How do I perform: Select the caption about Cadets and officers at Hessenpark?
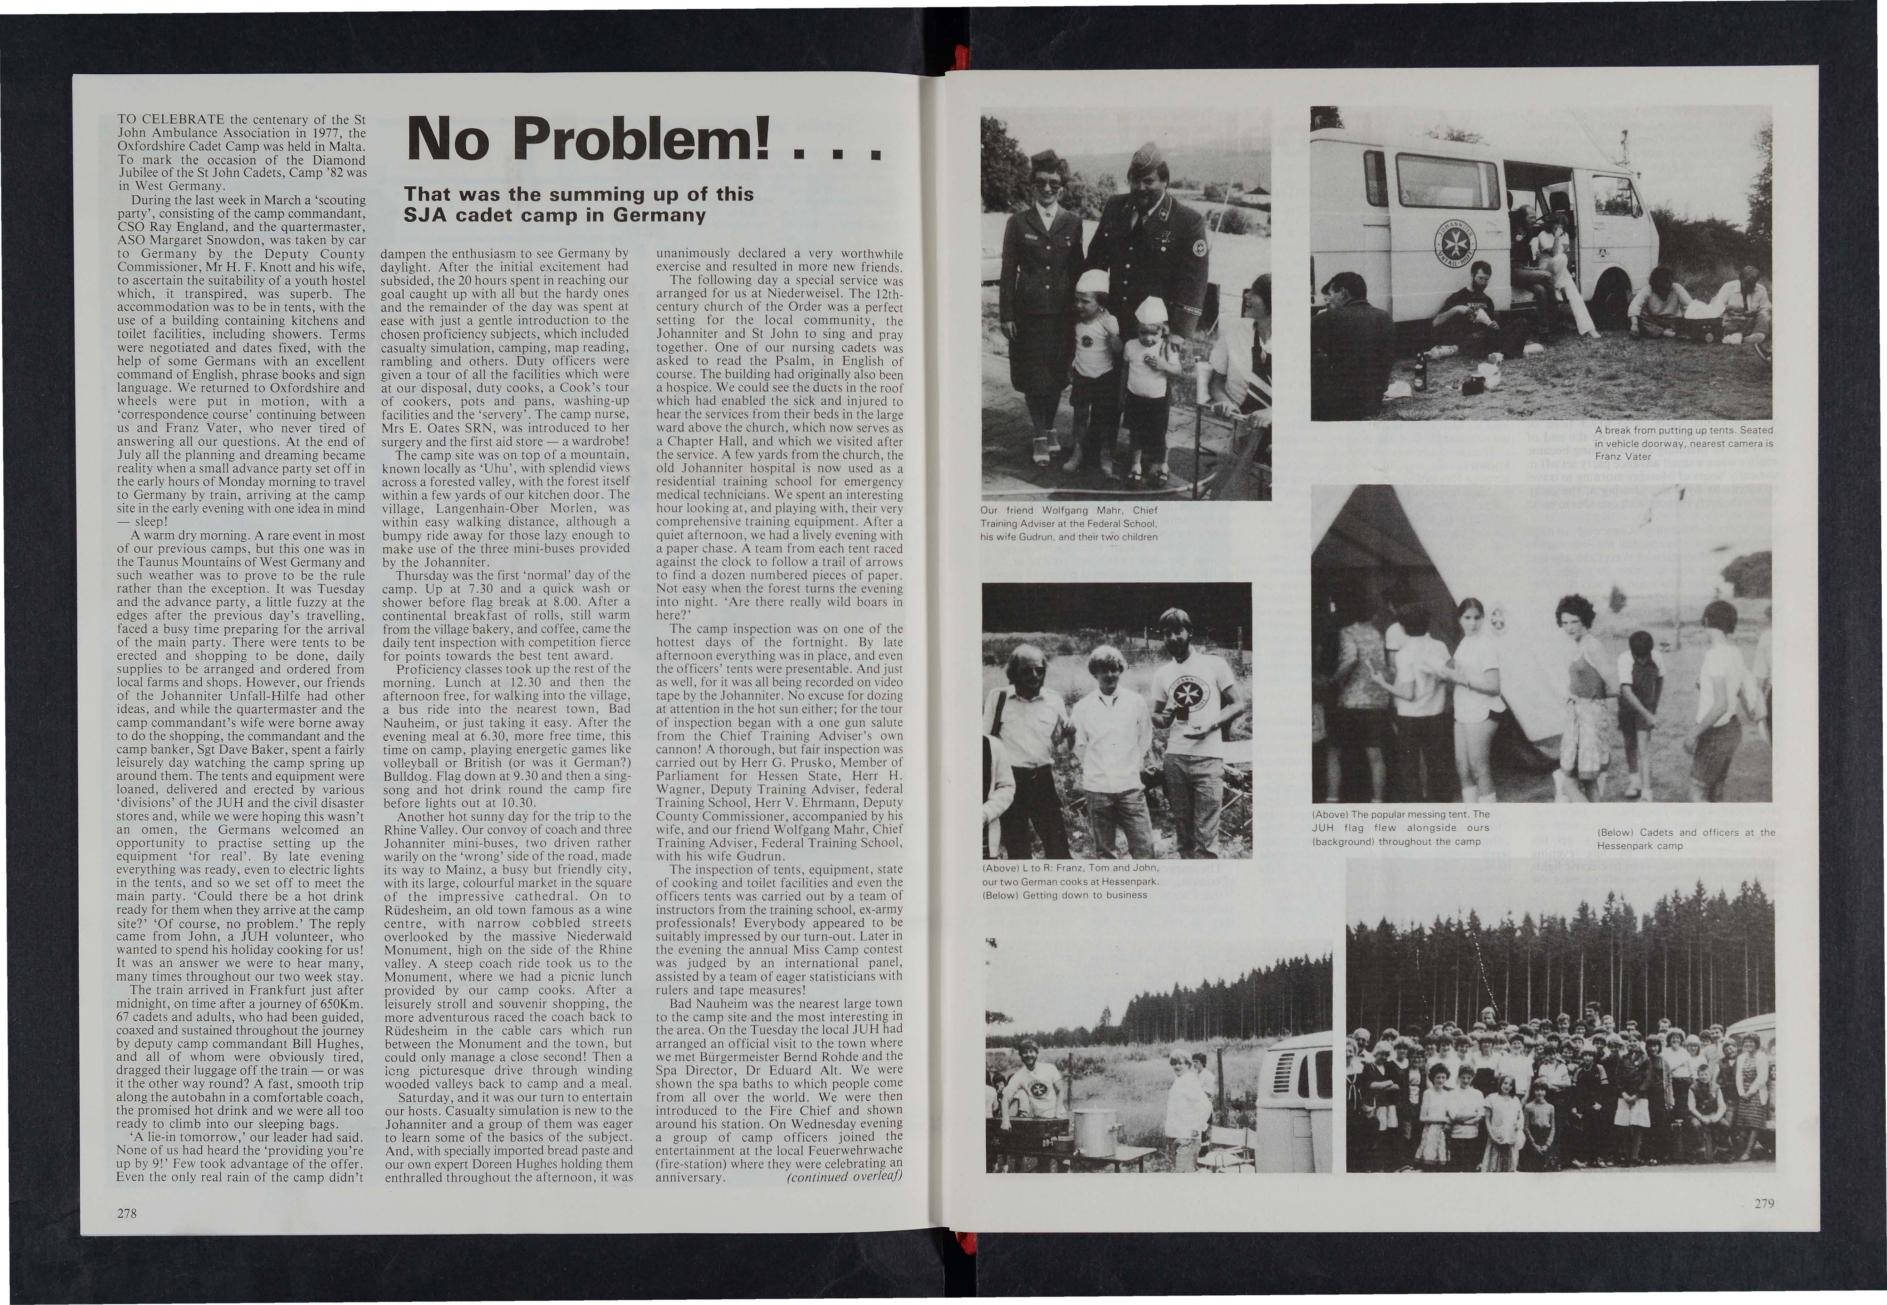[1686, 838]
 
